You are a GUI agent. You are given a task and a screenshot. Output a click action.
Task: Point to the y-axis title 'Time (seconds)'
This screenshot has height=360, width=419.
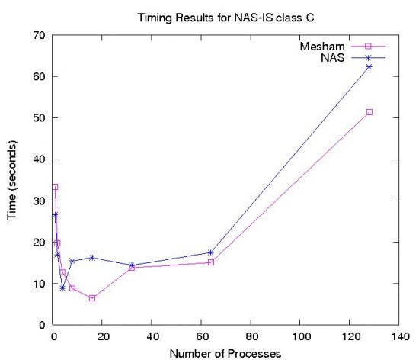[13, 180]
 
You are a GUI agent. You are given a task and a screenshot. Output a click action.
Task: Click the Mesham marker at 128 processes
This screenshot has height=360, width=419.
[369, 112]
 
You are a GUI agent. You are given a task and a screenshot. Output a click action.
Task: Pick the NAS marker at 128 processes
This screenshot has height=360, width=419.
[369, 67]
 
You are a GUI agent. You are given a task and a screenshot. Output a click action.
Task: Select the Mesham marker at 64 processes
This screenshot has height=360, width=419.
[211, 262]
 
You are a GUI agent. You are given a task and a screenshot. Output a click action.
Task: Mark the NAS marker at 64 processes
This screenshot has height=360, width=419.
[211, 252]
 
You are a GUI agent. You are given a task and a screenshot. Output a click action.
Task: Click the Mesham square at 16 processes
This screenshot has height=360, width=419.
[92, 298]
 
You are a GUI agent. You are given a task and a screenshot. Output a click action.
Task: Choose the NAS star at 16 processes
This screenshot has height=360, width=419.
[92, 258]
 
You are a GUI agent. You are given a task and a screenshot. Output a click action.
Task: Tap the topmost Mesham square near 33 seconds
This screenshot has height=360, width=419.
[55, 187]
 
